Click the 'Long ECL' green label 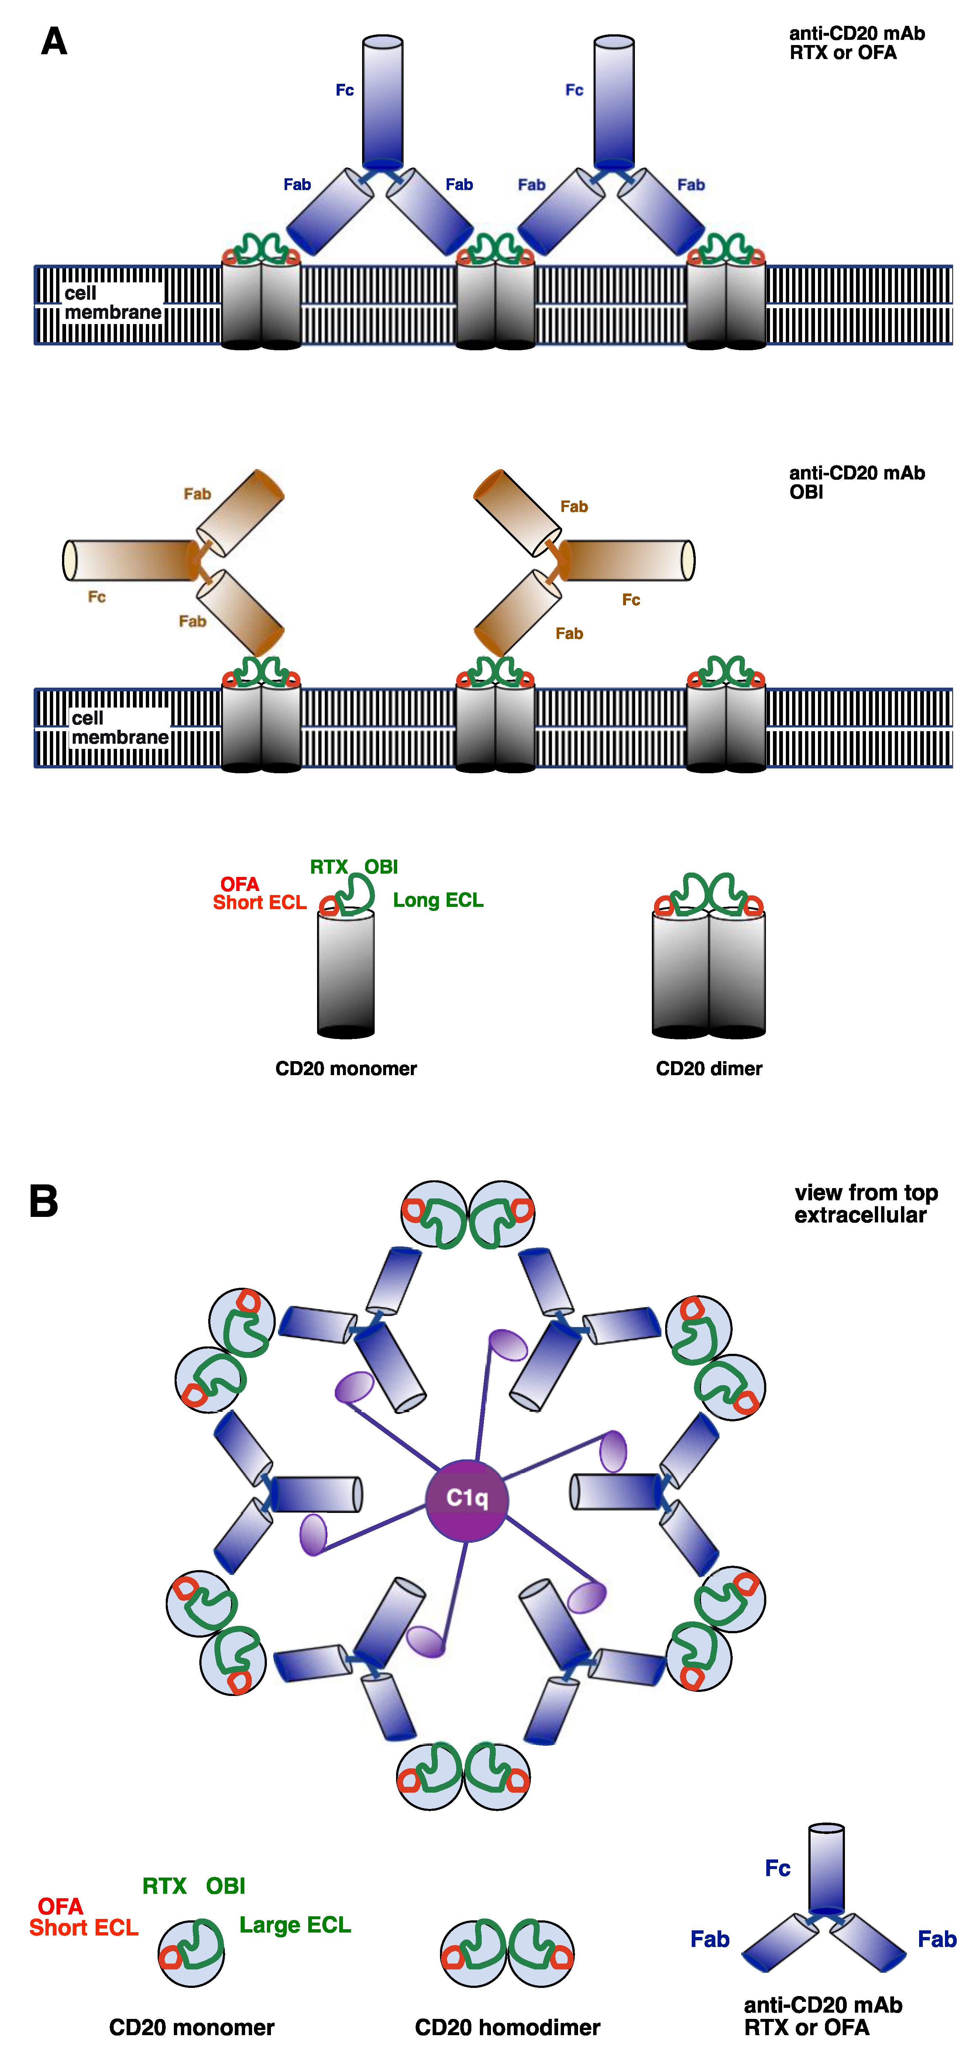click(437, 900)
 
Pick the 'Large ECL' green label click(295, 1924)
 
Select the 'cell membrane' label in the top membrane click(112, 303)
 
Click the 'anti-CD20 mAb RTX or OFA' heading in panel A click(856, 42)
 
